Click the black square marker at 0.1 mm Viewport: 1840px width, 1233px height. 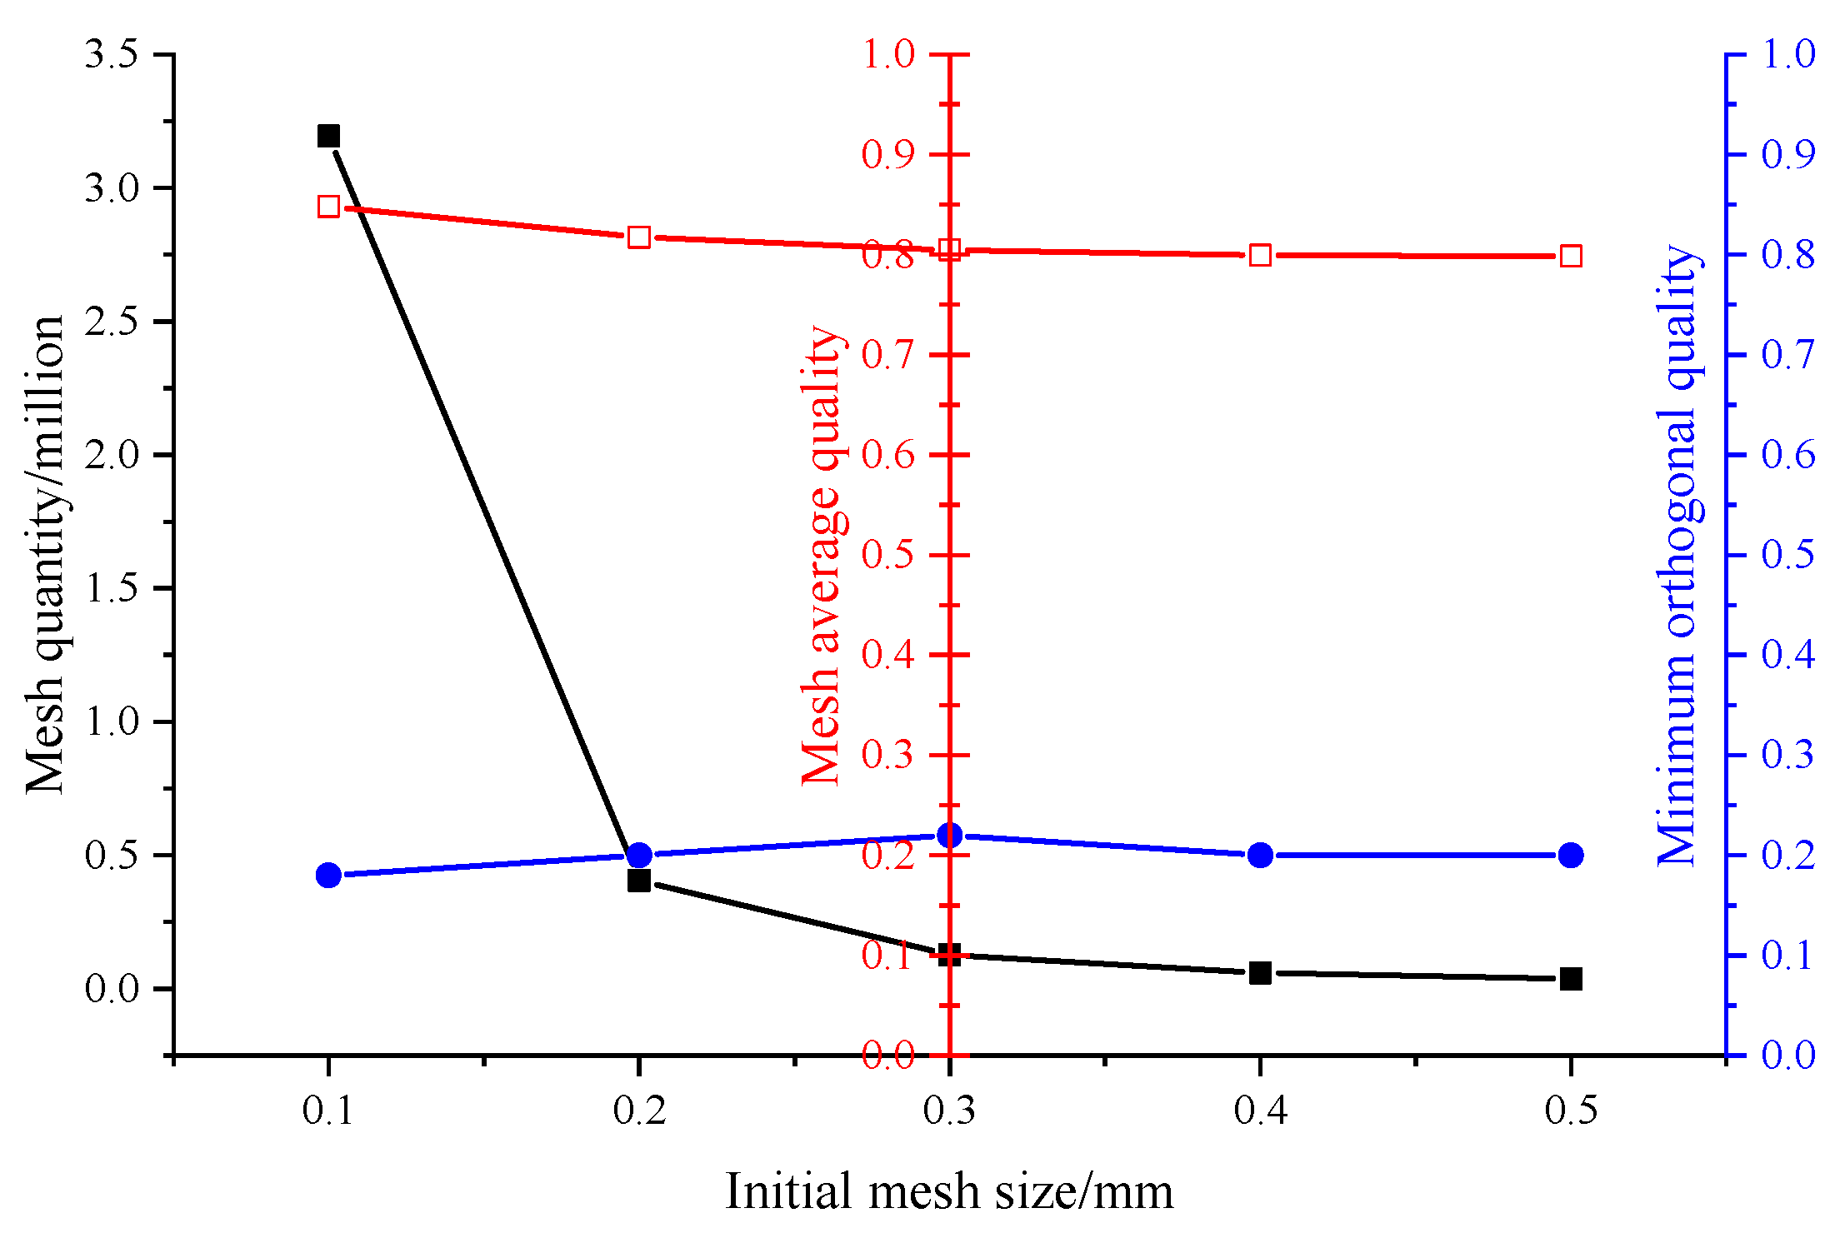click(x=328, y=136)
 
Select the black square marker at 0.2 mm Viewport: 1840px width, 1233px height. click(x=639, y=881)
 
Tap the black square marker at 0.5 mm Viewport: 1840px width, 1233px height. click(x=1571, y=979)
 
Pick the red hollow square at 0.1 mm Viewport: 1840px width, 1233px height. click(x=328, y=207)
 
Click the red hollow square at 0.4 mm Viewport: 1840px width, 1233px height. click(x=1260, y=255)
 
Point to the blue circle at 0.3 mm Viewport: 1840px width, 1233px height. click(x=949, y=835)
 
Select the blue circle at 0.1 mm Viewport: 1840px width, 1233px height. click(x=328, y=875)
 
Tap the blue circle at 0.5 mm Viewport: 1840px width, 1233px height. click(x=1571, y=855)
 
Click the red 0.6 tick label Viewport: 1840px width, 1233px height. click(x=888, y=455)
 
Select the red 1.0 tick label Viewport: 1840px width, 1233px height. click(x=888, y=55)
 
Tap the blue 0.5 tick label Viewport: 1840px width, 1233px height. click(x=1788, y=555)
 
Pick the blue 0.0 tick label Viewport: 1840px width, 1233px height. click(x=1788, y=1055)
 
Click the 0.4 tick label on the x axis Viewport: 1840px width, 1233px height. click(x=1260, y=1110)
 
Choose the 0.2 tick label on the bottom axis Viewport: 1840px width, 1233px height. click(x=639, y=1110)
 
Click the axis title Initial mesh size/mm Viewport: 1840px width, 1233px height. click(x=949, y=1191)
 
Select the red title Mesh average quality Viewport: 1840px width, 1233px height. click(x=822, y=555)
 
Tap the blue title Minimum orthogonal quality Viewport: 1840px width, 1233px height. click(x=1677, y=555)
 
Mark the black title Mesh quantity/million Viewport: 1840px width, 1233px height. click(x=45, y=555)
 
